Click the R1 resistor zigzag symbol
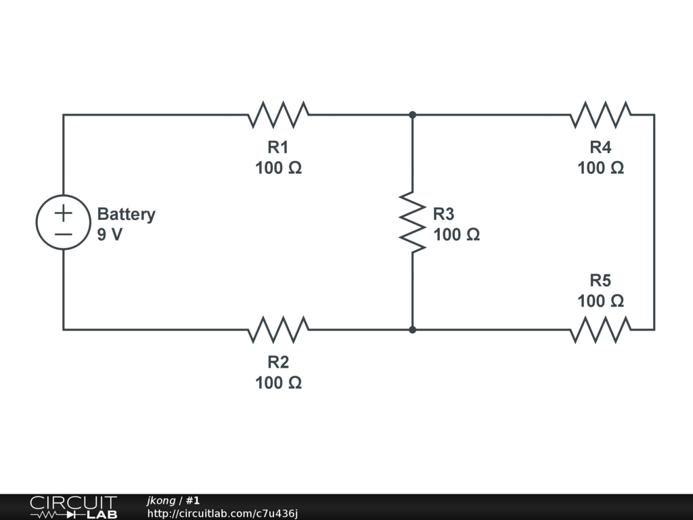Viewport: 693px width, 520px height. pos(278,115)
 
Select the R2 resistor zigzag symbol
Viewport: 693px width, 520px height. pos(278,330)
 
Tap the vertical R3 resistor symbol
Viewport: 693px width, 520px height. pos(412,223)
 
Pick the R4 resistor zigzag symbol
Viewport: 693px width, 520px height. pos(600,115)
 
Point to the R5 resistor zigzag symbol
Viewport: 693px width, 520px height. pos(600,330)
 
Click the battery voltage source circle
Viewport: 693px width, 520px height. pos(63,223)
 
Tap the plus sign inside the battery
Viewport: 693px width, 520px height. pos(63,213)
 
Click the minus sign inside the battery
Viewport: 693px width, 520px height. pos(63,234)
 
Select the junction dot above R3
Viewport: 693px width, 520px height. pos(412,115)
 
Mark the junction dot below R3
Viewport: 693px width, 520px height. pos(412,330)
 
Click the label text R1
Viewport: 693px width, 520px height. pos(278,147)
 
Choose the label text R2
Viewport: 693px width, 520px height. pos(278,362)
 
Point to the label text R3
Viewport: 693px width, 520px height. pos(444,214)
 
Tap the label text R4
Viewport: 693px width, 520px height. pos(600,147)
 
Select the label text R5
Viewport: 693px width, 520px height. pos(600,280)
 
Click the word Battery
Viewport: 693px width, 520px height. pos(126,214)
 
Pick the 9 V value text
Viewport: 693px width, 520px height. pos(110,235)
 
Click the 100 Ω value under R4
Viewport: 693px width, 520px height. pos(600,168)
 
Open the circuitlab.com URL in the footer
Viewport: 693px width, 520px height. pos(223,513)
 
